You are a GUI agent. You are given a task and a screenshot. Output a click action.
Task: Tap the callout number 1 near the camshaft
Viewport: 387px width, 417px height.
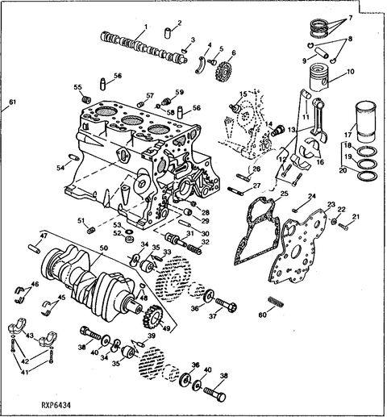[x=145, y=27]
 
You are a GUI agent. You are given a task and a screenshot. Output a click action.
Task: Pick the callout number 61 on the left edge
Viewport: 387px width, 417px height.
[x=11, y=102]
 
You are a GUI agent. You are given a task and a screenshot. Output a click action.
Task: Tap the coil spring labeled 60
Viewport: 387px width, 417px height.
[x=274, y=305]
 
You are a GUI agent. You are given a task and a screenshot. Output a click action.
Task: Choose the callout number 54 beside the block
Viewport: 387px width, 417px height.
[x=59, y=167]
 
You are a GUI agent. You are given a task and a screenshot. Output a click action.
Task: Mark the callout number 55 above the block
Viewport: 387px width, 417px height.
[x=77, y=87]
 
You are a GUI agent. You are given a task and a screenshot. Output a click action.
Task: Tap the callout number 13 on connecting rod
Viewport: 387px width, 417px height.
[x=291, y=129]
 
